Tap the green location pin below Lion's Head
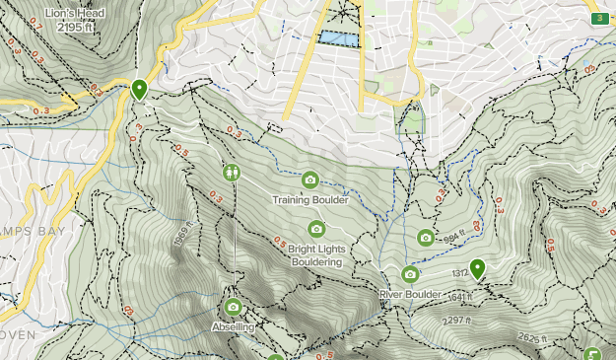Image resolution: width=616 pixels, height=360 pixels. coord(139,90)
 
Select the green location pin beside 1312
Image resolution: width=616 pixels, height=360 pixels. coord(478,268)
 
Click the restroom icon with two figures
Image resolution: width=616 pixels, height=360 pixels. coord(231,173)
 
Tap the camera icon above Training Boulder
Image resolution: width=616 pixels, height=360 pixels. coord(310,179)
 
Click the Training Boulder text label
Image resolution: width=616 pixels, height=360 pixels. coord(310,199)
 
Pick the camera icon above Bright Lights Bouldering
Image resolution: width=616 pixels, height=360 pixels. coord(316,229)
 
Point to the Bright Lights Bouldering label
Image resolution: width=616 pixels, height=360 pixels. coord(315,255)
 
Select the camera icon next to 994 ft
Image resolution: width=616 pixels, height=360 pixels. coord(426,237)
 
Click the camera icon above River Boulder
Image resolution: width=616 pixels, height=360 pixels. coord(410,274)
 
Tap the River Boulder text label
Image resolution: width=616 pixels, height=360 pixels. coord(411,294)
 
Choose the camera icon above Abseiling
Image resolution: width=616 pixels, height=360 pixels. coord(234,307)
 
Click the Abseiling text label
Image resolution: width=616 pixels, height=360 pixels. coord(234,326)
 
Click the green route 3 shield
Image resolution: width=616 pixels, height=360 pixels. coord(598,19)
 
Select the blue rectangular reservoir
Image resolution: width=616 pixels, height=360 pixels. coord(336,37)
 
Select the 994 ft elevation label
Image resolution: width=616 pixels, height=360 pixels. coord(452,238)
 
